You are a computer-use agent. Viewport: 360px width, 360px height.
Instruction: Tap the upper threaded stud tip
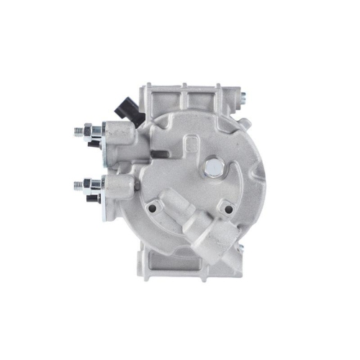tap(77, 131)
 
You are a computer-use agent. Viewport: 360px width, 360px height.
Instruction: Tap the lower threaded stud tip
tap(77, 185)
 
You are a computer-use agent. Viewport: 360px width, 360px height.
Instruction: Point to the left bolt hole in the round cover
tap(152, 210)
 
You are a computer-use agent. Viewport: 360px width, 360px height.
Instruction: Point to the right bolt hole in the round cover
tap(229, 210)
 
